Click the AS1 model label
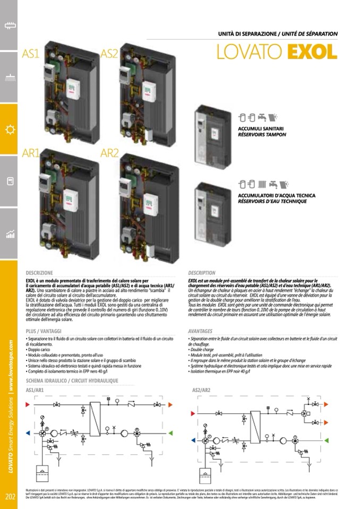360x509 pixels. pos(31,54)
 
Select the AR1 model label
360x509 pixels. pos(31,153)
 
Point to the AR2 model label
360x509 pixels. pos(109,153)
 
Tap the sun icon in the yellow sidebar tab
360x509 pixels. pos(9,129)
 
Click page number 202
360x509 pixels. pos(10,497)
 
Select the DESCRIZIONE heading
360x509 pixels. pos(39,273)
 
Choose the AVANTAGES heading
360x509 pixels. pos(200,331)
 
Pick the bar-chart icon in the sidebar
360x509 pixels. pos(9,235)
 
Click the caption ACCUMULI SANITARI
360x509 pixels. pos(261,129)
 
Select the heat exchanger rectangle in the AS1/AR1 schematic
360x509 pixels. pos(96,419)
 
